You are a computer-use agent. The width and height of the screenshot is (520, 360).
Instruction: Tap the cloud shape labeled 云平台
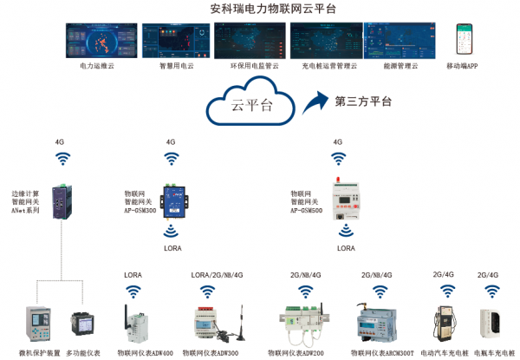click(x=250, y=104)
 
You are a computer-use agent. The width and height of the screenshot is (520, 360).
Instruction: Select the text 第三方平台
click(x=364, y=101)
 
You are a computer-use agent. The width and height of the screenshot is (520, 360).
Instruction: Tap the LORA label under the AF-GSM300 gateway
click(x=173, y=247)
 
